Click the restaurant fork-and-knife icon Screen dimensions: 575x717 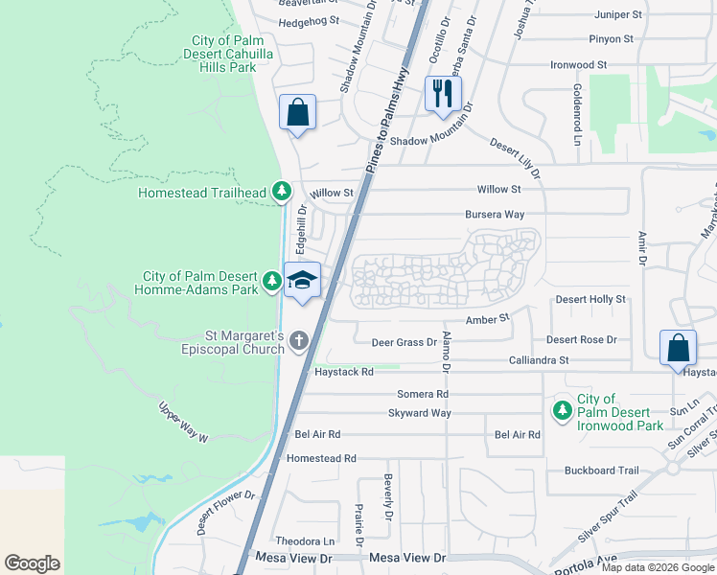442,94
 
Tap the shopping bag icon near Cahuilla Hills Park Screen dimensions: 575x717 297,112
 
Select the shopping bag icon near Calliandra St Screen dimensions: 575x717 677,348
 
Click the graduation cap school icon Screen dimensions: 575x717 303,280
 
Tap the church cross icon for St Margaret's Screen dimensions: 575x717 299,339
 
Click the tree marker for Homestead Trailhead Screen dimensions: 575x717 281,192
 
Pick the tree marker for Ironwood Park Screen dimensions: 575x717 562,410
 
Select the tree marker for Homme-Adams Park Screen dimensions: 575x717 273,281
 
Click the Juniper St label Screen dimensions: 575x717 617,15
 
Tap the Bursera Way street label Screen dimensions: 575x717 495,215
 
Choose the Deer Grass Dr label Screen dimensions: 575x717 405,341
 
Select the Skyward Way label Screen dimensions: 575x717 419,413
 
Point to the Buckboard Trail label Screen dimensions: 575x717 601,471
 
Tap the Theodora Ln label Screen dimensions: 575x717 305,541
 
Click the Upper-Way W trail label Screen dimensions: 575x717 182,422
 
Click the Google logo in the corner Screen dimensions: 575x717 32,563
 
